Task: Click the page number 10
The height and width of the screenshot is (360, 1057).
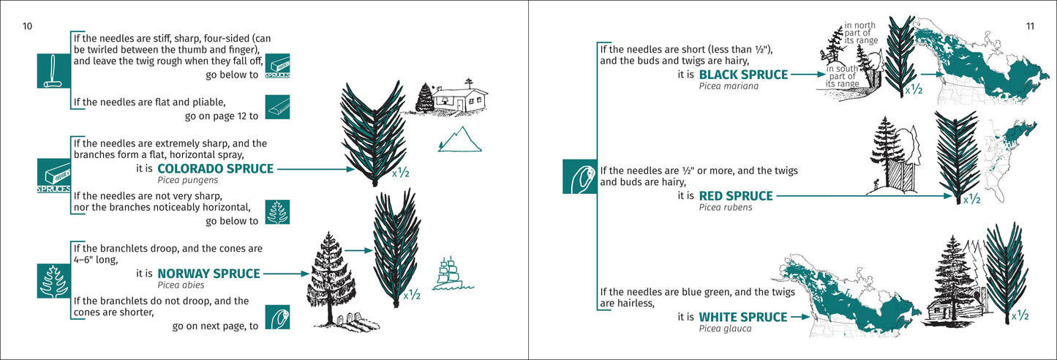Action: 27,27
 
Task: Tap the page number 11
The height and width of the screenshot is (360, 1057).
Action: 1029,27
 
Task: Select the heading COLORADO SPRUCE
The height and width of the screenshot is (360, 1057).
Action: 215,169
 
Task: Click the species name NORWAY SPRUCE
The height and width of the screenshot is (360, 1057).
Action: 208,274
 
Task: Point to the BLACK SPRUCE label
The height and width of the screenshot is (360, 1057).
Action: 743,75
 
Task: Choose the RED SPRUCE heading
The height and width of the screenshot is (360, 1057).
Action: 736,196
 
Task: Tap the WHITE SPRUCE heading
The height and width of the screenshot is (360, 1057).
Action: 743,318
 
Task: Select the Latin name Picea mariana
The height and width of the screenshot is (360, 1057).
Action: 729,86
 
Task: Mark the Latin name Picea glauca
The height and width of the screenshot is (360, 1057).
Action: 725,329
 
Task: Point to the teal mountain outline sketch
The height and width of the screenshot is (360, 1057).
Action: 460,139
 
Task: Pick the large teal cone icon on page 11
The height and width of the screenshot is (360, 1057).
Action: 579,176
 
